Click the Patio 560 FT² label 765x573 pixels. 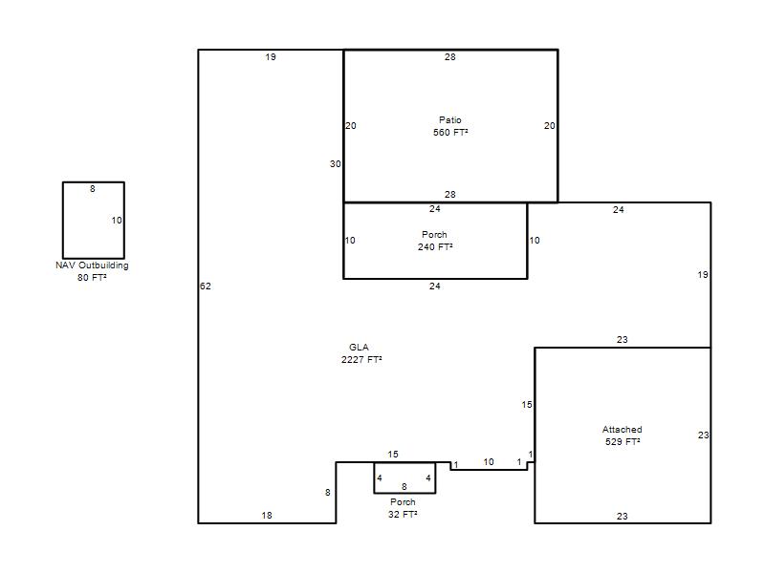[x=450, y=126]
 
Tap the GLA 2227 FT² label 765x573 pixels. [x=361, y=353]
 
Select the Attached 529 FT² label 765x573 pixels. [x=623, y=435]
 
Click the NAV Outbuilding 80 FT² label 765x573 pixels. [x=92, y=271]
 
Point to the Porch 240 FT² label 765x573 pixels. [x=435, y=241]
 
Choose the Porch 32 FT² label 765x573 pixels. [x=403, y=508]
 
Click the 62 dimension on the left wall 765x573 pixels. [x=206, y=286]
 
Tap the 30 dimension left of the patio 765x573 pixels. [x=336, y=164]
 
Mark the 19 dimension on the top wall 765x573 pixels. [x=271, y=57]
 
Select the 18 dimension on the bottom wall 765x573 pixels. [x=267, y=516]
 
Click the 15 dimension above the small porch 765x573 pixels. [x=393, y=455]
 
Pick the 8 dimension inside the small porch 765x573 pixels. [x=404, y=487]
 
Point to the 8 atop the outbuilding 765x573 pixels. [x=92, y=189]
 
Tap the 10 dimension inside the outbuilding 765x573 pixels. [x=117, y=221]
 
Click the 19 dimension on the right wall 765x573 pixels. [x=703, y=275]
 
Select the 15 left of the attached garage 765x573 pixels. [x=527, y=404]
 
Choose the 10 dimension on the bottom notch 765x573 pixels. [x=489, y=462]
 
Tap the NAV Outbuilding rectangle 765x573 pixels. [x=63, y=221]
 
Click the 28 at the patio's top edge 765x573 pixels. [x=449, y=57]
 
